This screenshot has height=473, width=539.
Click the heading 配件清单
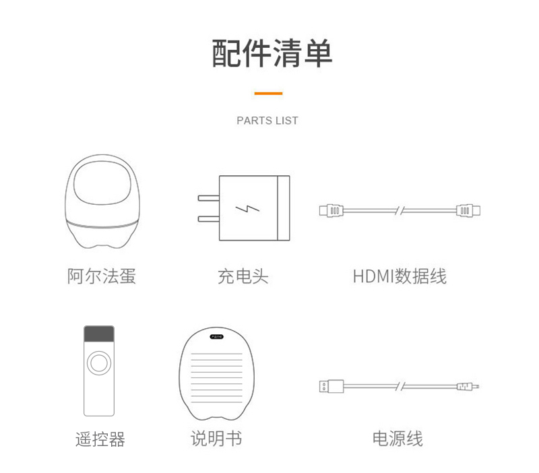272,53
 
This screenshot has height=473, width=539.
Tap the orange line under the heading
268,93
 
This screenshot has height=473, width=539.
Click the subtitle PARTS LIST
267,121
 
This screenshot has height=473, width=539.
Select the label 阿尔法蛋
102,276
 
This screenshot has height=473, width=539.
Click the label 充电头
243,276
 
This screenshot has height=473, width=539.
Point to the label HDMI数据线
400,276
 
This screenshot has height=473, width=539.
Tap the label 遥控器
100,439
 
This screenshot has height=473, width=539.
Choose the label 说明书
216,439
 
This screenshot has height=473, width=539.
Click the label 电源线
398,439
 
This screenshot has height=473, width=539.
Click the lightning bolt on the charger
247,209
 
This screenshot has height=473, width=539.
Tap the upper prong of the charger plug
209,198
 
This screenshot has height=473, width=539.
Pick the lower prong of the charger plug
209,219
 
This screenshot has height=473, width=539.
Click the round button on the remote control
99,363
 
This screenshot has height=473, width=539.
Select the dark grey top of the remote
99,334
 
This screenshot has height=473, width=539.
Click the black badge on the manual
217,336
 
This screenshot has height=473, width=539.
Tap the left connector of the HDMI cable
331,210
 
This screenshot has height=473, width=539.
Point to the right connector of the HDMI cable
468,210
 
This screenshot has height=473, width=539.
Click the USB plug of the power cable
331,386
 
